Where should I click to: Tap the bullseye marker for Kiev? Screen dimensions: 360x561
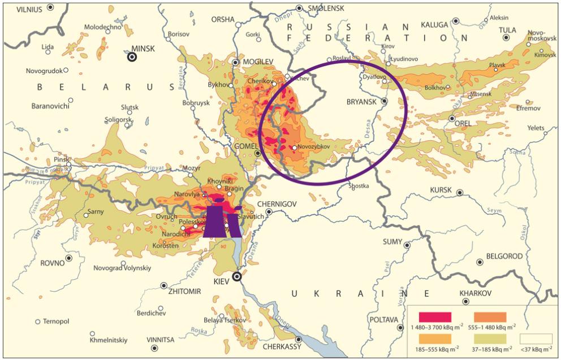coord(238,276)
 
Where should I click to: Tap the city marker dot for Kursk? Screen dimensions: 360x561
coord(460,193)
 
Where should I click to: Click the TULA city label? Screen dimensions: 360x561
coord(507,30)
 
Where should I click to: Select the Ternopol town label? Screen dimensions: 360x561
coord(55,321)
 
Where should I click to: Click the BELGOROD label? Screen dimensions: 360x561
coord(503,256)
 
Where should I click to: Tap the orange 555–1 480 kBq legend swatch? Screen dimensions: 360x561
coord(490,317)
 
